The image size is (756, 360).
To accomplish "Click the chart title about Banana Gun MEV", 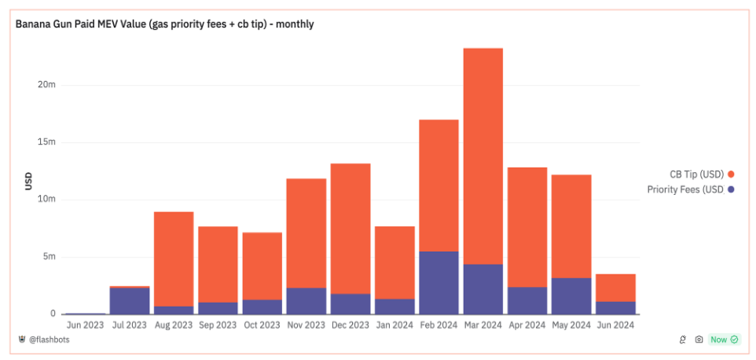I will pos(165,24).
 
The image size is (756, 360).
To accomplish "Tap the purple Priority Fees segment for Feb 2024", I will pos(439,282).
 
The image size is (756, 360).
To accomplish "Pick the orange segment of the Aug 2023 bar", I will pos(174,259).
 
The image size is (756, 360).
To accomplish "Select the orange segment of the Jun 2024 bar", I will pos(615,288).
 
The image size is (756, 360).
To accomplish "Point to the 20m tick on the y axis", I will pos(47,85).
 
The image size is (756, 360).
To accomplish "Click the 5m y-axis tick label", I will pos(49,257).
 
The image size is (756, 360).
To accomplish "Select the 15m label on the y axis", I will pos(47,142).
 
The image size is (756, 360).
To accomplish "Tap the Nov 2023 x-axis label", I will pos(306,324).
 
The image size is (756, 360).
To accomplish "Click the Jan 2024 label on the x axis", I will pos(394,324).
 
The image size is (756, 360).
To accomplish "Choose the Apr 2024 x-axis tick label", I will pos(527,324).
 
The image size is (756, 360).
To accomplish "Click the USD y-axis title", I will pos(28,180).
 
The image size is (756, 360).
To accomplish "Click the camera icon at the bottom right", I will pos(699,340).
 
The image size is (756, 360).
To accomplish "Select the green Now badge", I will pos(724,340).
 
